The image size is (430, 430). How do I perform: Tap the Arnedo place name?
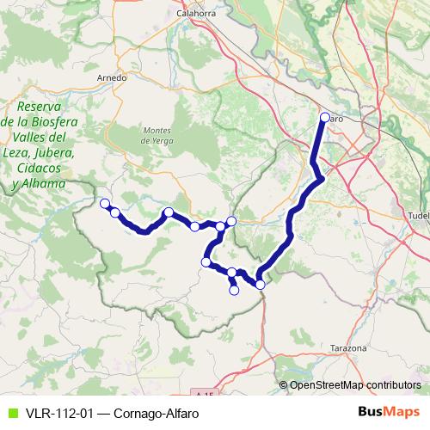(x=113, y=77)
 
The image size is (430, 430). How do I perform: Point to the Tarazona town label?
(x=348, y=348)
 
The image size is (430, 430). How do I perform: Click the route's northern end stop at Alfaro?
(x=324, y=118)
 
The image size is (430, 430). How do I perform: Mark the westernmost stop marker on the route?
(x=105, y=204)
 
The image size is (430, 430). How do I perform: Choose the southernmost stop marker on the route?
(x=234, y=291)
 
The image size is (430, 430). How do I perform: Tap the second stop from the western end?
(x=114, y=212)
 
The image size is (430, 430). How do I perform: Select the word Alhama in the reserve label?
(x=44, y=183)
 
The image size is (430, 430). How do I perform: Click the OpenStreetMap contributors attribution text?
(x=355, y=384)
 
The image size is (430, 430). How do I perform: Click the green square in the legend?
(x=11, y=412)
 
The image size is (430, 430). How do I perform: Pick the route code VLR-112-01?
(x=57, y=412)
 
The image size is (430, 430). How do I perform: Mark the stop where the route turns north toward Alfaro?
(x=260, y=284)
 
